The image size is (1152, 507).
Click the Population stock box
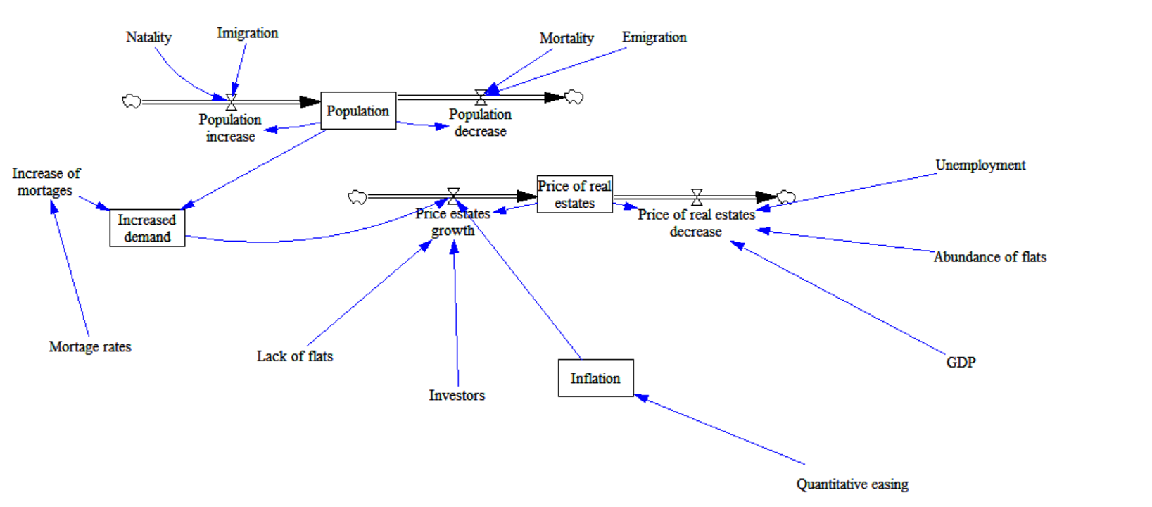point(358,111)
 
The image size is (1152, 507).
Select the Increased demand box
point(147,228)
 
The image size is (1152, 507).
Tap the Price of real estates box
point(574,194)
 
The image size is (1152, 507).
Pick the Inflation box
point(595,378)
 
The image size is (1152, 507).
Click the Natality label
point(148,37)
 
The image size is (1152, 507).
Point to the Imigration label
point(247,33)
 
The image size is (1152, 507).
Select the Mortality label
point(566,38)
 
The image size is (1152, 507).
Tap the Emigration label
point(654,37)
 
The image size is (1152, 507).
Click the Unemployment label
point(980,165)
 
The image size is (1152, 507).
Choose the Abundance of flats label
point(989,257)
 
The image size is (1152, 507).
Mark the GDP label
point(961,362)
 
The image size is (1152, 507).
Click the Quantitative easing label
point(852,484)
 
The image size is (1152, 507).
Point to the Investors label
point(457,395)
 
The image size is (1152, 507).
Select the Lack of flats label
point(294,356)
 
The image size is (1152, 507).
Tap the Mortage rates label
point(90,346)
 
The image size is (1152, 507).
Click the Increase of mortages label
point(46,182)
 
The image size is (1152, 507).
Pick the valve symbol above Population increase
point(231,103)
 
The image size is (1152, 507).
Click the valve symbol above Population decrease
point(481,97)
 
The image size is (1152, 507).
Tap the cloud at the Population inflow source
point(132,102)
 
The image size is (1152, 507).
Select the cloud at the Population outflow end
point(574,97)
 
